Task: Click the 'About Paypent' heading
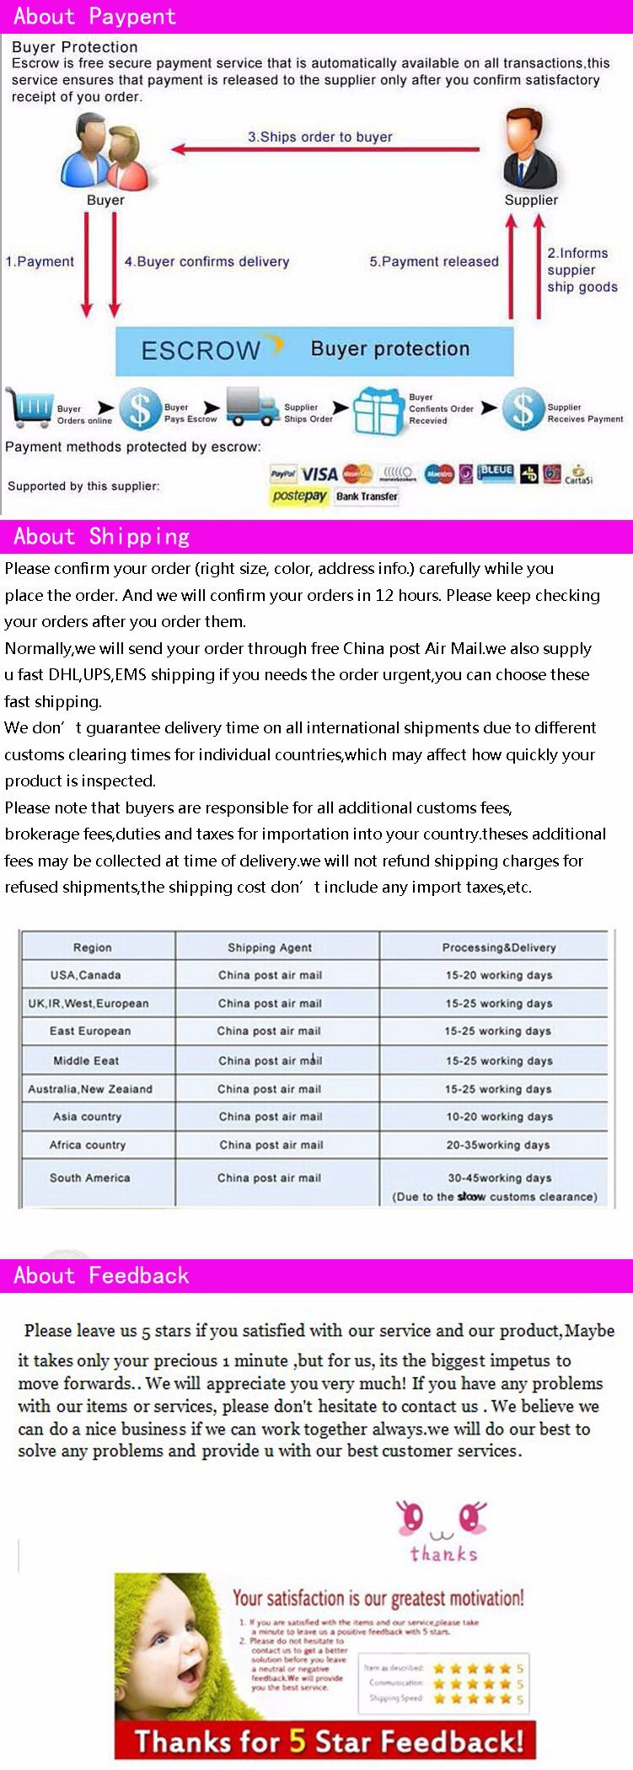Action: tap(94, 16)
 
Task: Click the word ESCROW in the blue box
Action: tap(201, 351)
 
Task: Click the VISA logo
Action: tap(319, 474)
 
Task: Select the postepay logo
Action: tap(299, 496)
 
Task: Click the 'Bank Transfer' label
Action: tap(367, 496)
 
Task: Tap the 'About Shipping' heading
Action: tap(101, 537)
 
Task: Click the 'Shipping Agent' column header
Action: tap(270, 947)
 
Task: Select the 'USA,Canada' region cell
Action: tap(85, 975)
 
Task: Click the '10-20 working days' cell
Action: tap(499, 1117)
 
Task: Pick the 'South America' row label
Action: tap(89, 1177)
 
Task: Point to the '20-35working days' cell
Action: tap(498, 1145)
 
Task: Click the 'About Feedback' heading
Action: tap(101, 1275)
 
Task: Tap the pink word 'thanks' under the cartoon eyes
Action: tap(443, 1553)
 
